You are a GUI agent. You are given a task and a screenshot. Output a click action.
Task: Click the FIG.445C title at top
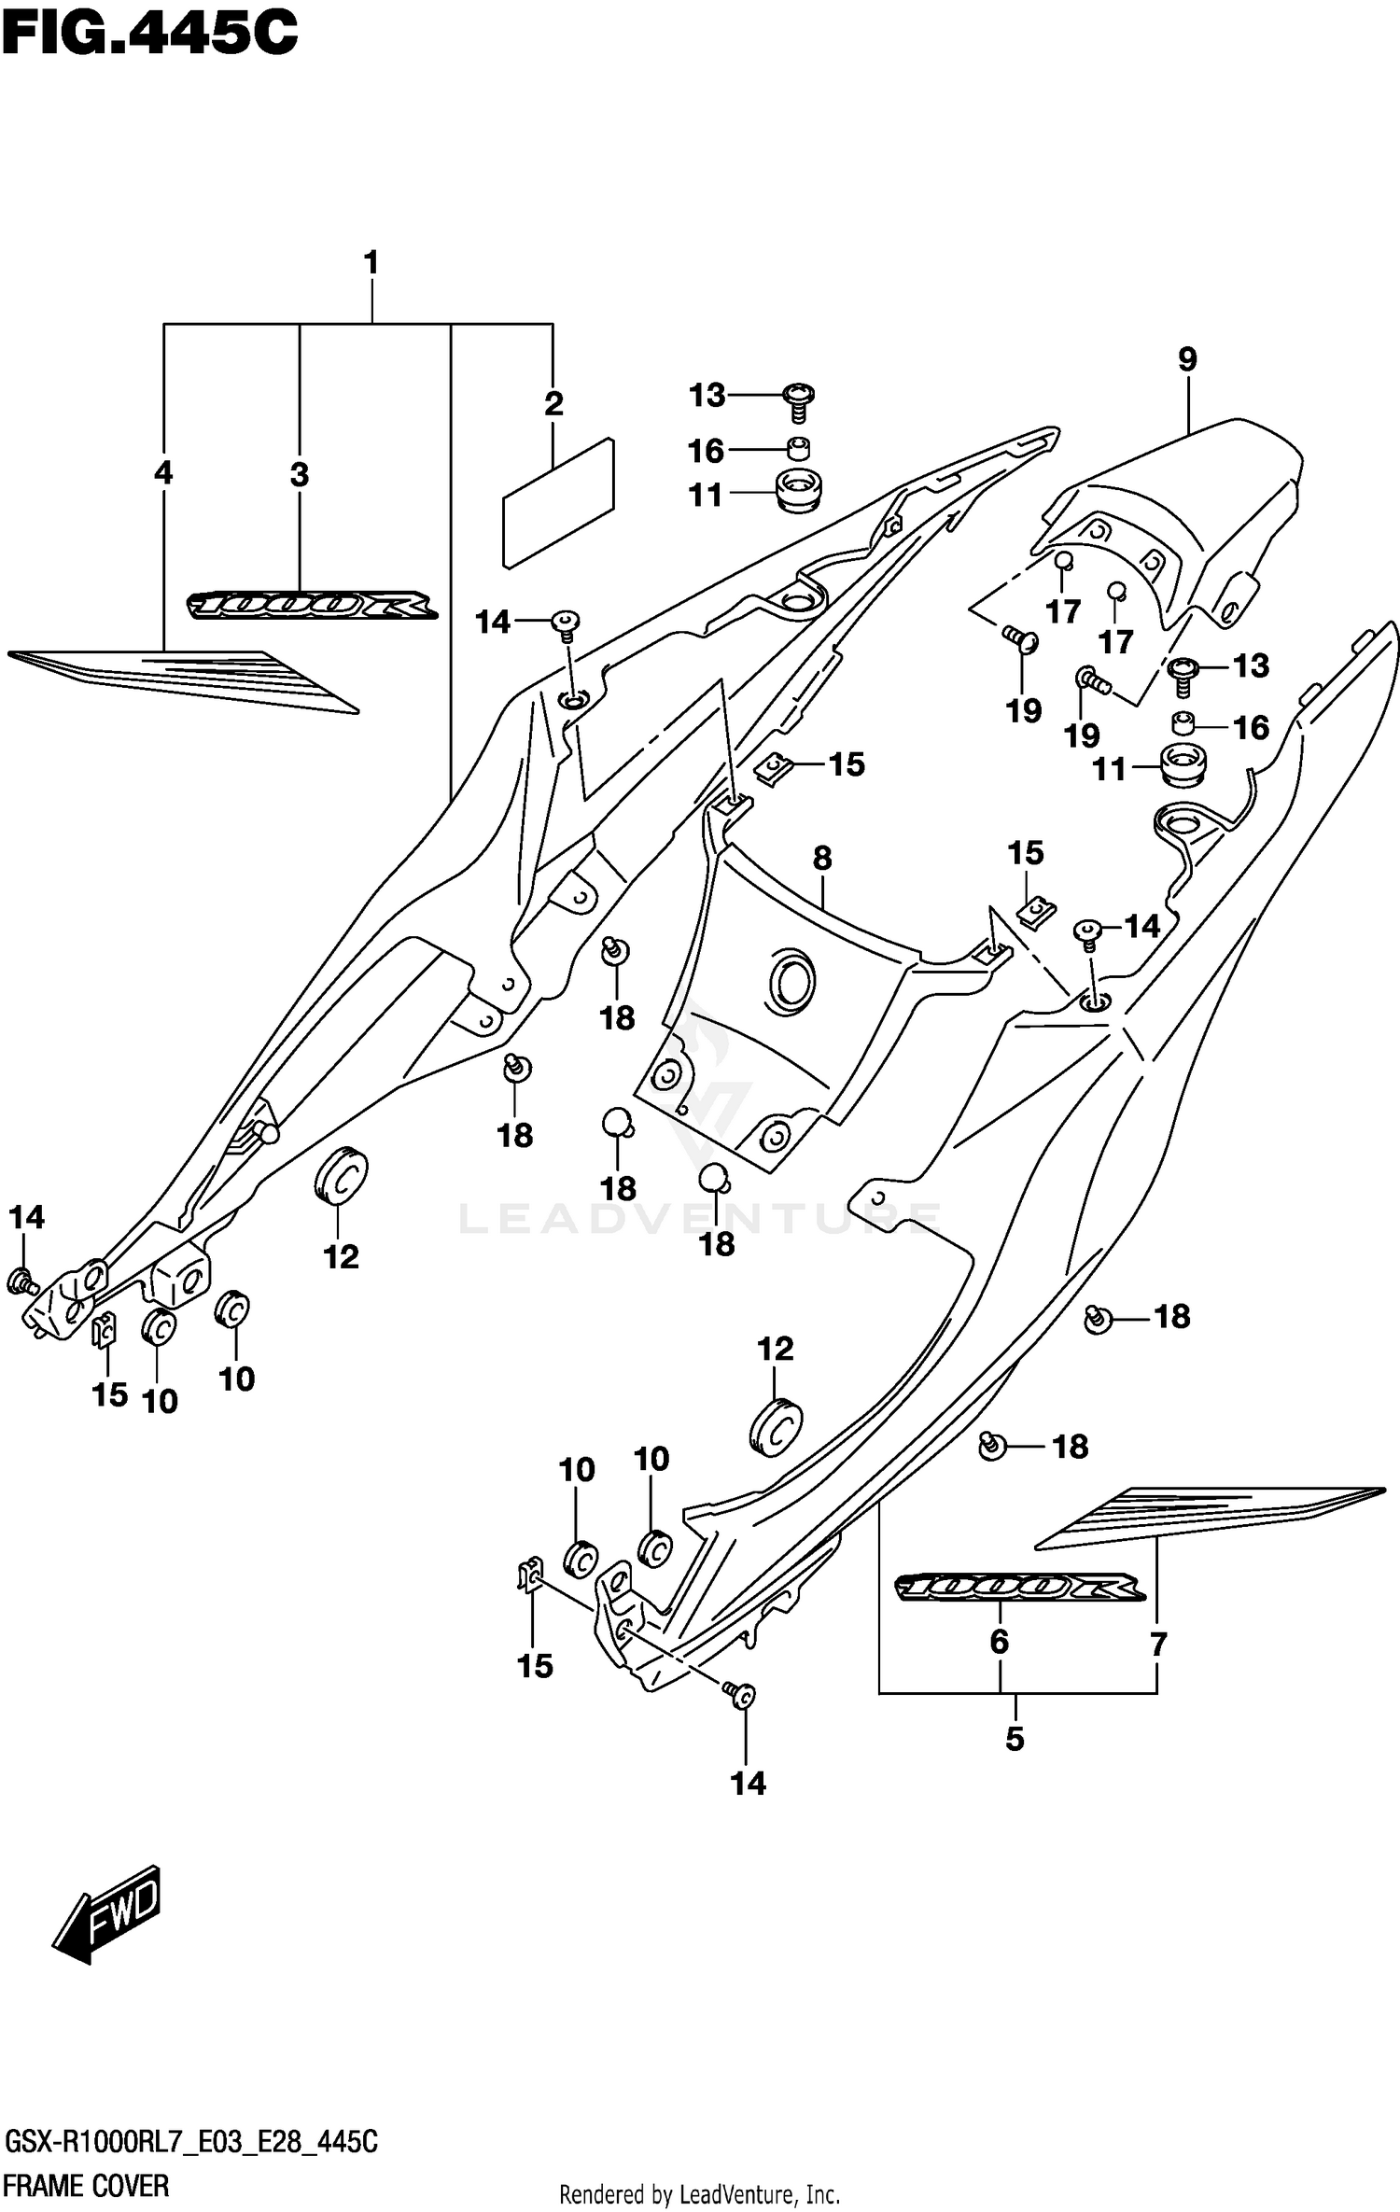click(149, 35)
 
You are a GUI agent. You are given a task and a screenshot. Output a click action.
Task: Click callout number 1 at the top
click(371, 263)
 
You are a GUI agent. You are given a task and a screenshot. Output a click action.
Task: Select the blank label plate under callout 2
click(558, 504)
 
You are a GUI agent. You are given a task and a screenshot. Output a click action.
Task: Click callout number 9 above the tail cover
click(1186, 359)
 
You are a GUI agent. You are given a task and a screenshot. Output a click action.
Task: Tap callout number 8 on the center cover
click(821, 858)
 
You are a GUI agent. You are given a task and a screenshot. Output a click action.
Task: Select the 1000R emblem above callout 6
click(1018, 1586)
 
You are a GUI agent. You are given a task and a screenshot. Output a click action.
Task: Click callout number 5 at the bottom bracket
click(1015, 1738)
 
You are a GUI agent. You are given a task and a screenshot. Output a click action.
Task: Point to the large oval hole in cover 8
click(791, 983)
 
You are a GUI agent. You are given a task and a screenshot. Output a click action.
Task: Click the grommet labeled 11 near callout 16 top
click(798, 492)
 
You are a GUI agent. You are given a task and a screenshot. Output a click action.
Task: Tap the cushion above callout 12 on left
click(341, 1175)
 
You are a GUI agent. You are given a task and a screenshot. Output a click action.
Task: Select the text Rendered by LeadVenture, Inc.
click(699, 2192)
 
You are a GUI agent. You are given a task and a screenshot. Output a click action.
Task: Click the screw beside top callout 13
click(800, 399)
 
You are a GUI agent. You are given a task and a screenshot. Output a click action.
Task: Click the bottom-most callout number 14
click(748, 1783)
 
